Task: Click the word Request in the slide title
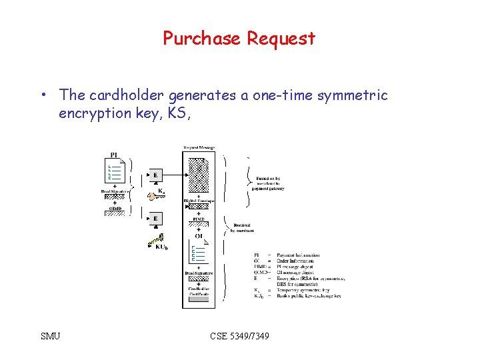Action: [281, 39]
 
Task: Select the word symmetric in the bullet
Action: [352, 95]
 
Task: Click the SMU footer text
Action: [50, 336]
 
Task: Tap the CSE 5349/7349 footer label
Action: [239, 336]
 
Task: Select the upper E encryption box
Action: [155, 175]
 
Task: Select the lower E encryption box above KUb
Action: [155, 218]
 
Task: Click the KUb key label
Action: [161, 247]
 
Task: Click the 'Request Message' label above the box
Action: [199, 147]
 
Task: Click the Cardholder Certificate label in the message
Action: [199, 291]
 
